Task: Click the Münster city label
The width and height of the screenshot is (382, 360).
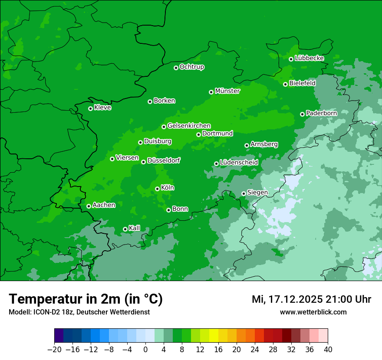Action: point(227,91)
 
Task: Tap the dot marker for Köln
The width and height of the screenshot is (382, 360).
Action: point(157,189)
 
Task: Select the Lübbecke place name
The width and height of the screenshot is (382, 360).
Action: point(309,58)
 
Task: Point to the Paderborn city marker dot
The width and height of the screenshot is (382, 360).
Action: point(302,114)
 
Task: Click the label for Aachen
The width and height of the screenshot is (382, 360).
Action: point(104,205)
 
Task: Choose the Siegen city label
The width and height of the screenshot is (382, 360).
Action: point(257,193)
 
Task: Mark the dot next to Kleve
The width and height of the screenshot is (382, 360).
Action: point(90,108)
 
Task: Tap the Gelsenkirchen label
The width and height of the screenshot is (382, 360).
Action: point(189,126)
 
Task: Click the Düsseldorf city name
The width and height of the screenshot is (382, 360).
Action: point(164,160)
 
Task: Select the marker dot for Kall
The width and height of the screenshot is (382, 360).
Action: point(125,229)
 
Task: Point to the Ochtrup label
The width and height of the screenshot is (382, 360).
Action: point(191,67)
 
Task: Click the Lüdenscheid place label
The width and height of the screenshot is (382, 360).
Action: point(239,163)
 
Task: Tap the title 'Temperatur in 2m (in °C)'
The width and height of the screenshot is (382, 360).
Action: point(86,299)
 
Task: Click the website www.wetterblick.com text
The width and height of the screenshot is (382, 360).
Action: point(313,312)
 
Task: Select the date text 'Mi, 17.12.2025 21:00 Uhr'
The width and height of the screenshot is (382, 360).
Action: point(311,299)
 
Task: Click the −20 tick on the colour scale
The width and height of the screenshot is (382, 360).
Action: point(54,350)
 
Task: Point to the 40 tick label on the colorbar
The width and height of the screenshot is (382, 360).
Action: point(328,350)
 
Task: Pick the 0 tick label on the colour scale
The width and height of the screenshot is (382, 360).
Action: point(145,350)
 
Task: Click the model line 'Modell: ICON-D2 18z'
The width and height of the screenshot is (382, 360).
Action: point(43,312)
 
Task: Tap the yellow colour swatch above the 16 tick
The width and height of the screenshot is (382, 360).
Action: point(214,336)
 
